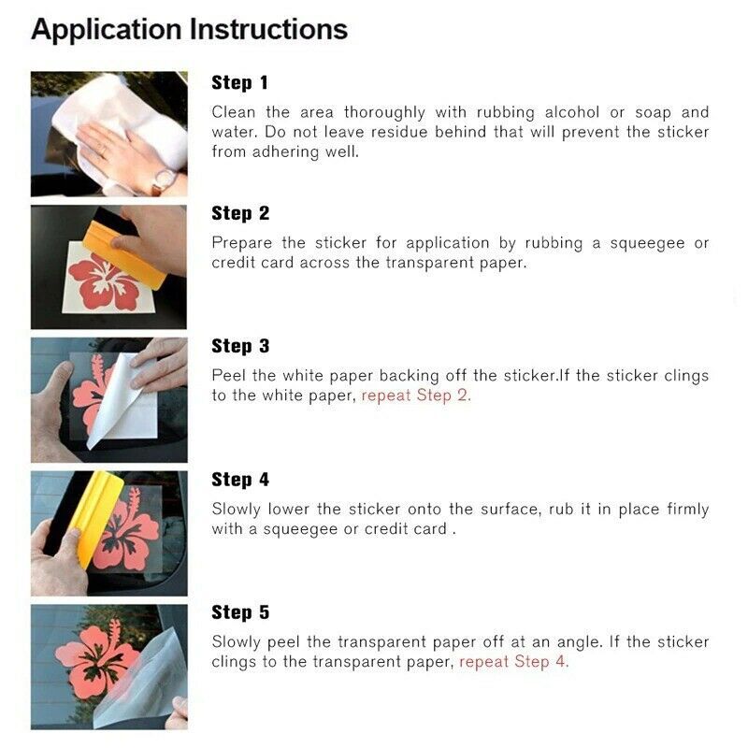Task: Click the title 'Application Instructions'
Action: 189,29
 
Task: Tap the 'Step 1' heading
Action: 240,82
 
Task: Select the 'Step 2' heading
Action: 240,213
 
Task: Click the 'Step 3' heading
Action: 240,346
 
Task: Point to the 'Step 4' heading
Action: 240,480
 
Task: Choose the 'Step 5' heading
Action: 240,612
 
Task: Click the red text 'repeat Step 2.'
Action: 416,396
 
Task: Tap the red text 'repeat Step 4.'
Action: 513,662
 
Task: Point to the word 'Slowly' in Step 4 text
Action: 236,510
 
